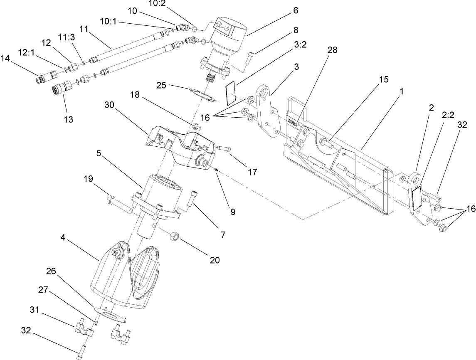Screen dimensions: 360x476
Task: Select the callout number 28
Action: tap(332, 50)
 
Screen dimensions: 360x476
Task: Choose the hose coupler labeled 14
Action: tap(44, 77)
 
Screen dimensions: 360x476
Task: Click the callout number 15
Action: tap(384, 80)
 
